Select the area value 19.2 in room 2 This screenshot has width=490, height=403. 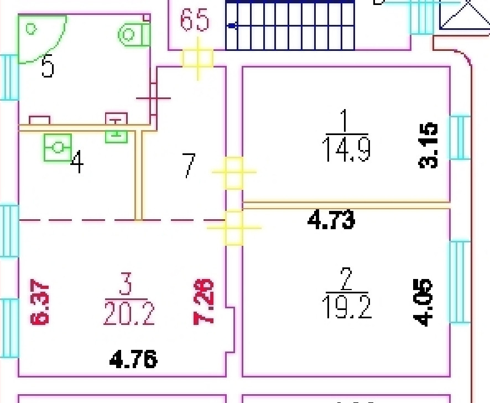pyautogui.click(x=347, y=307)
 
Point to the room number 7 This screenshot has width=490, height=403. pyautogui.click(x=189, y=166)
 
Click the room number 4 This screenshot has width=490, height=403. pyautogui.click(x=77, y=163)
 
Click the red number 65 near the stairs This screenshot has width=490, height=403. pyautogui.click(x=195, y=20)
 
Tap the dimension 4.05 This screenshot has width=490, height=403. pyautogui.click(x=421, y=303)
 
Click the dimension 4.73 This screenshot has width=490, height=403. pyautogui.click(x=331, y=220)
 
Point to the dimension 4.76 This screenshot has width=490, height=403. pyautogui.click(x=133, y=360)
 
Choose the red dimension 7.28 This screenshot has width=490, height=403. pyautogui.click(x=203, y=302)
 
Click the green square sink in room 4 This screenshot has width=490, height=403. pyautogui.click(x=58, y=147)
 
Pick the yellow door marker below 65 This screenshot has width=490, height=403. pyautogui.click(x=198, y=58)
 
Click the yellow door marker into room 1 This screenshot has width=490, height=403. pyautogui.click(x=234, y=172)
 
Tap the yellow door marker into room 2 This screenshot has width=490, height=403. pyautogui.click(x=234, y=228)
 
